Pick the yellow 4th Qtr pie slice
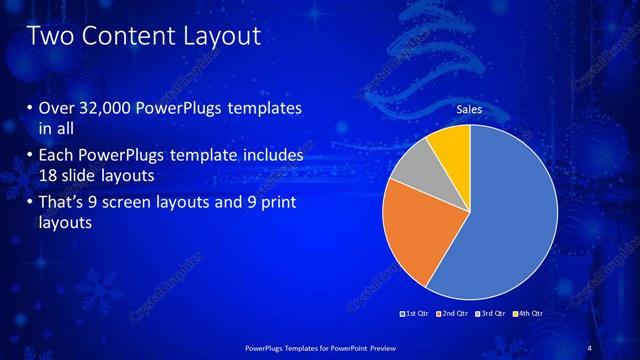pos(451,144)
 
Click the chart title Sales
pos(470,109)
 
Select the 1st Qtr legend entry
pos(416,313)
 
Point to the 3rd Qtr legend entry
pos(493,313)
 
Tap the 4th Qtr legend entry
pos(531,313)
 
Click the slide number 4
pos(589,346)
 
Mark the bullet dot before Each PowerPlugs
pos(29,156)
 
